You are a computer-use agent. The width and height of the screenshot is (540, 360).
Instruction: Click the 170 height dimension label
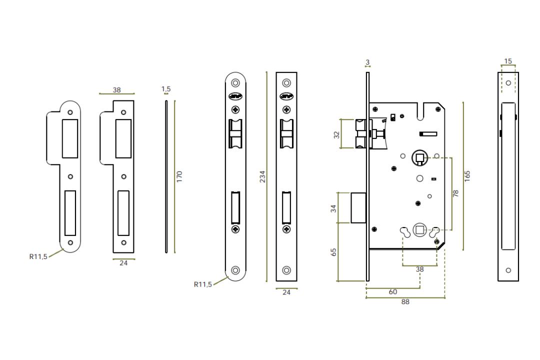[x=180, y=176]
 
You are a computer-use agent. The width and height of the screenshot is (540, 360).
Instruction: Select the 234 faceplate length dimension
[x=262, y=176]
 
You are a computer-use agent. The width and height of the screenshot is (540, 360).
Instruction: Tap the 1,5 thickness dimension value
[x=166, y=89]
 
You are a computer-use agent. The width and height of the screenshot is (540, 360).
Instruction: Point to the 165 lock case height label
[x=467, y=176]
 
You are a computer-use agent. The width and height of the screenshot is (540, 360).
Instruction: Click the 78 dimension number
[x=455, y=193]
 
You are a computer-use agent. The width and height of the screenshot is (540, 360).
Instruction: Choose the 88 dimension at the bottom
[x=405, y=302]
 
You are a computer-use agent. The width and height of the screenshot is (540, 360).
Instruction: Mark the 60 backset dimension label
[x=392, y=291]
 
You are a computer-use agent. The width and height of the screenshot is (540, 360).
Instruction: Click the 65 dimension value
[x=334, y=251]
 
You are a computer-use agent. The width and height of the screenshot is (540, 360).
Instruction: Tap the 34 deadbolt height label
[x=334, y=208]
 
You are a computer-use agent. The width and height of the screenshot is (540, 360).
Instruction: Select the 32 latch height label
[x=336, y=134]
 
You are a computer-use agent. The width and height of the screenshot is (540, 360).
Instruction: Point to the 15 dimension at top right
[x=508, y=61]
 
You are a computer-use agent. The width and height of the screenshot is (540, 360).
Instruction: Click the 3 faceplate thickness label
[x=367, y=62]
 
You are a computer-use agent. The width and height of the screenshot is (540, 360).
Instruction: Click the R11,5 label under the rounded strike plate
[x=38, y=256]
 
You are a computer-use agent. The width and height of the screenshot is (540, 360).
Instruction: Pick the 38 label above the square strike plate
[x=116, y=90]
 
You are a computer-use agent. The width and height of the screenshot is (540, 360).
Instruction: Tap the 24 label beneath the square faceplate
[x=286, y=292]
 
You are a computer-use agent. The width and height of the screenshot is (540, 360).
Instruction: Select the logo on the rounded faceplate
[x=235, y=97]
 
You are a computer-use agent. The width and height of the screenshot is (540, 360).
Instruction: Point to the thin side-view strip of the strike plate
[x=166, y=176]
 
